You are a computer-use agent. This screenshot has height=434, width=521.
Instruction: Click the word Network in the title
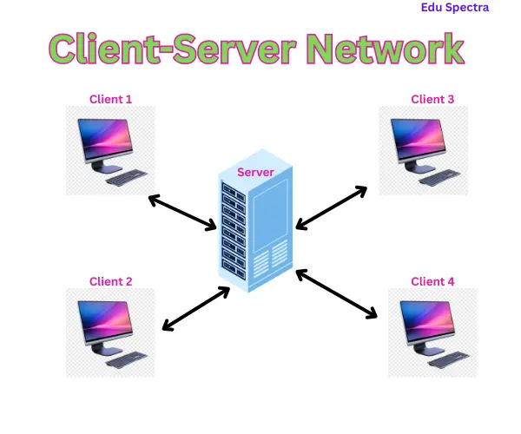click(x=386, y=49)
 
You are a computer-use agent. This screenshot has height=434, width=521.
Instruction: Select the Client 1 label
click(x=111, y=100)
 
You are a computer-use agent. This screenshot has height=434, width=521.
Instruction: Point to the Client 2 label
click(x=111, y=281)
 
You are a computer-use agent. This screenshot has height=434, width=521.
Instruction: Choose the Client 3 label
click(x=432, y=99)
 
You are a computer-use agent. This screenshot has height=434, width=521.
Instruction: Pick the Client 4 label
click(x=432, y=281)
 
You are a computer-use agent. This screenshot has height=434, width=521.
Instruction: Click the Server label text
click(x=256, y=172)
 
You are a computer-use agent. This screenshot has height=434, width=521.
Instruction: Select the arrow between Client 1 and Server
click(x=182, y=213)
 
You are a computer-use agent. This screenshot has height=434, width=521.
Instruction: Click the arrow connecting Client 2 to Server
click(x=196, y=309)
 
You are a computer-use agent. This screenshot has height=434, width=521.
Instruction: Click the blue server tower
click(x=255, y=230)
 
